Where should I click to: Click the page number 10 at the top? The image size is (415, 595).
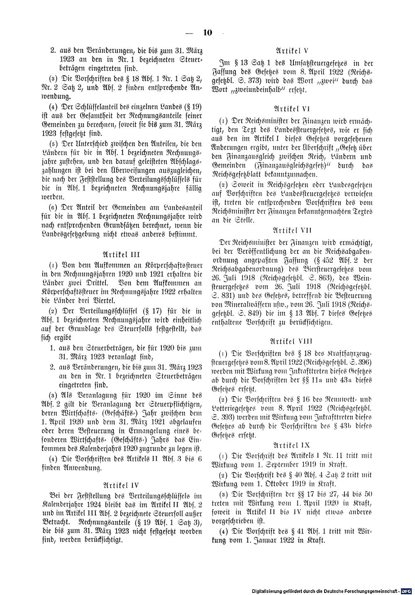click(x=207, y=33)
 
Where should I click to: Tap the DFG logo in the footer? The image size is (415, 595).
click(x=407, y=591)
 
